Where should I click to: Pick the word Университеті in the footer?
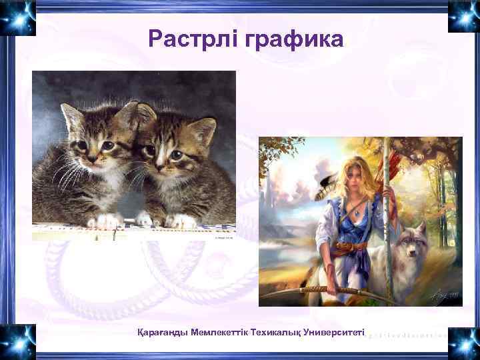coord(335,331)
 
